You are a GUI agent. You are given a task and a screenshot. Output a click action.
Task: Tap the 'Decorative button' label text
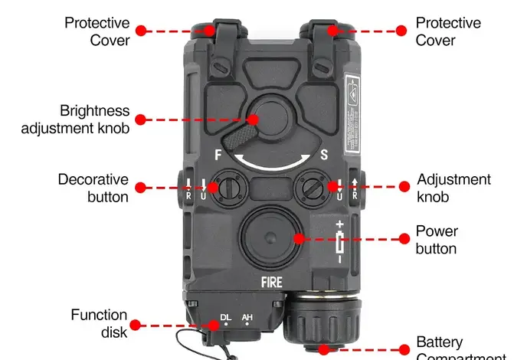coord(93,188)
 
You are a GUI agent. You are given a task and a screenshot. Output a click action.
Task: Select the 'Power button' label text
coord(437,239)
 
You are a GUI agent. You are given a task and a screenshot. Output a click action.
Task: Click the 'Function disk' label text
coord(99,322)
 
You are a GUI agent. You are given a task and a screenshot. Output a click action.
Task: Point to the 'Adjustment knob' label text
coord(453,188)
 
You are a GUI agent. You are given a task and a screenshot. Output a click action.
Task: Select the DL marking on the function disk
coord(225,317)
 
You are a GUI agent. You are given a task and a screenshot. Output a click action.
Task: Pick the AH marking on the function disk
coord(247,317)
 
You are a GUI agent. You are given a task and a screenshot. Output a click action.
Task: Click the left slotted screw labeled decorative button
coord(227,187)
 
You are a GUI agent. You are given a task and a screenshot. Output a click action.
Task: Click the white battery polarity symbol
coord(340,241)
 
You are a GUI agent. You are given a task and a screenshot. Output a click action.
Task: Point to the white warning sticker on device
coord(352,115)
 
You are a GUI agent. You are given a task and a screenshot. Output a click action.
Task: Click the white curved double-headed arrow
coord(272,163)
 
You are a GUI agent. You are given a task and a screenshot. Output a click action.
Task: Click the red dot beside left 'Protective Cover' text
coord(141,31)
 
